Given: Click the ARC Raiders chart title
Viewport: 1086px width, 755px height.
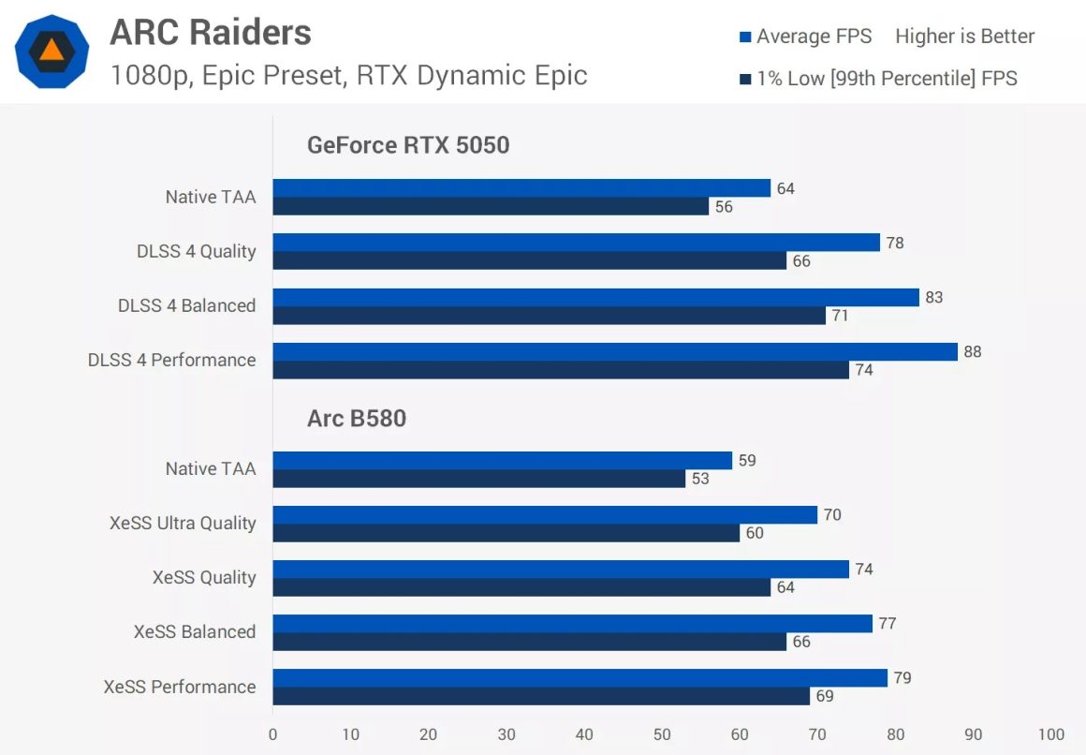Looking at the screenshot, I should [x=211, y=33].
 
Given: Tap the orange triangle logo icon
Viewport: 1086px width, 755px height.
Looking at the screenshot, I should [x=52, y=52].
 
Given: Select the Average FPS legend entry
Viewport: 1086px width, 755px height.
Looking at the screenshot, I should [x=805, y=37].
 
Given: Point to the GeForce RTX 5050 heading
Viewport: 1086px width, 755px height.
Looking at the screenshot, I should [x=408, y=145].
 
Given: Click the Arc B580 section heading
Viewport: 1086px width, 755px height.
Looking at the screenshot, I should [x=357, y=418].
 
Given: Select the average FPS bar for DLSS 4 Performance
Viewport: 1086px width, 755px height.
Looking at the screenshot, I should [x=615, y=351].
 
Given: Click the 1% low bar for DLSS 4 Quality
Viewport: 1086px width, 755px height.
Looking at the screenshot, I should [x=529, y=261].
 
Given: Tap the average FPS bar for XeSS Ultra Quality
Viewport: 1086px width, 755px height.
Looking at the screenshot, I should [x=545, y=514].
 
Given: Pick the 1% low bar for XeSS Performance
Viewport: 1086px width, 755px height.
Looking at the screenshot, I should [x=541, y=696].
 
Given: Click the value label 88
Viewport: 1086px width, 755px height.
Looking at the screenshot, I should [x=972, y=352].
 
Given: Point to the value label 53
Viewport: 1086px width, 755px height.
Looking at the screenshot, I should [x=700, y=479].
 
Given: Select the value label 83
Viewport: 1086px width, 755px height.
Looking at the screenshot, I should [x=933, y=298].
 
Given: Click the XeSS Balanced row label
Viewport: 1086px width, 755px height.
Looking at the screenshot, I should [x=195, y=632].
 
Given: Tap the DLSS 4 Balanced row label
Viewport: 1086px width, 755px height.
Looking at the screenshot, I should [x=186, y=306].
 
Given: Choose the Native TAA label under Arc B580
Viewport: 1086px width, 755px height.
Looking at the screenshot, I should [x=211, y=469].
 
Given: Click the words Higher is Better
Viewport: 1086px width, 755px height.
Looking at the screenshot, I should [x=964, y=37].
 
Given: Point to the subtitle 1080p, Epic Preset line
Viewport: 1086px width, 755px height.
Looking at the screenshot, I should [x=348, y=74].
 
